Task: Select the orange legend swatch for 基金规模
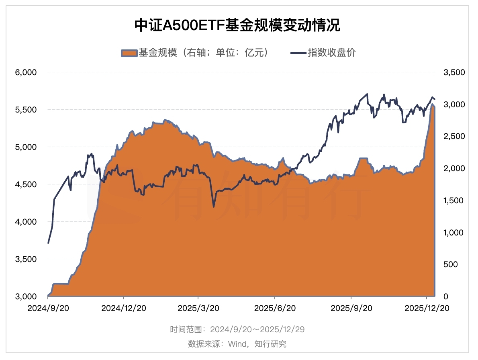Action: point(129,53)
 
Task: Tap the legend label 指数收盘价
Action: point(331,53)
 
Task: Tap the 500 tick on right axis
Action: point(449,264)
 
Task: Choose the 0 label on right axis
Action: point(445,297)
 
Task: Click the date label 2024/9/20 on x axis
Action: point(48,308)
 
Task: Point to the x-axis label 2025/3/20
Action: point(198,308)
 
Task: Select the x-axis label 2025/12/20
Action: point(427,308)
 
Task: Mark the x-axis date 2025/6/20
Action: point(275,308)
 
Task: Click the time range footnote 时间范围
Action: point(237,329)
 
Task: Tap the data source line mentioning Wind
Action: point(237,344)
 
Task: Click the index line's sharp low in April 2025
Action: point(213,207)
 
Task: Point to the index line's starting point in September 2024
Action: point(48,243)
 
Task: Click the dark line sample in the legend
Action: point(297,53)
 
